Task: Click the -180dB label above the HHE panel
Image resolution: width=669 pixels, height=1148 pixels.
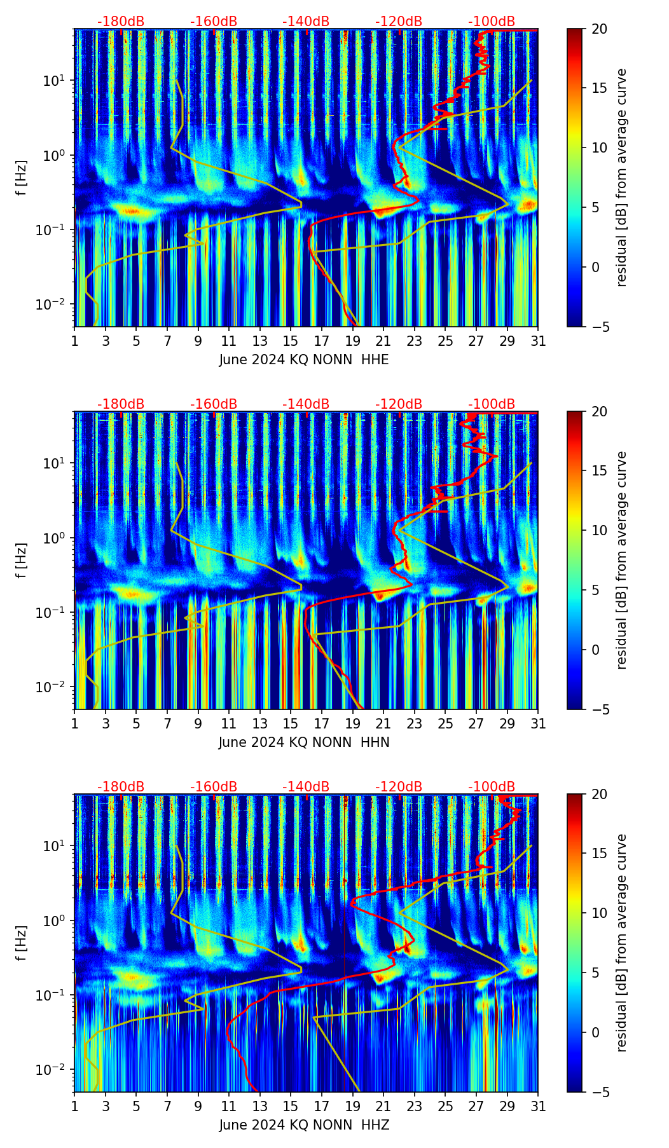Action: [121, 22]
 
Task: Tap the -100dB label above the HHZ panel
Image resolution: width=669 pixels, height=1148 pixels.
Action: [492, 787]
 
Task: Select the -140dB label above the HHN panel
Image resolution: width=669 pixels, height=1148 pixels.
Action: [306, 404]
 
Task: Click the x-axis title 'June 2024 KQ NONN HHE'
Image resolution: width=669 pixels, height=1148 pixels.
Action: [304, 360]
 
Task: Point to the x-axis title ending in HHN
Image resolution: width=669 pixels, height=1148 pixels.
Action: [304, 742]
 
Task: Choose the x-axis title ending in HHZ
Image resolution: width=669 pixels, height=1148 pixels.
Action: [304, 1125]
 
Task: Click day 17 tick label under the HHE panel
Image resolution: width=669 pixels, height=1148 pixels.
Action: [322, 341]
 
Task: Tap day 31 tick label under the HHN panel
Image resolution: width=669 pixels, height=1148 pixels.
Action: [538, 724]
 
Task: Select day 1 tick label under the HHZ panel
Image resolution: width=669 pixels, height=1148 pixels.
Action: [75, 1107]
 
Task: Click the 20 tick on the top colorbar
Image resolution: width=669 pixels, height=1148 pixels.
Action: [599, 29]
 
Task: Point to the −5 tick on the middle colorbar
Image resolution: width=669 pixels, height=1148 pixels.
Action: [599, 709]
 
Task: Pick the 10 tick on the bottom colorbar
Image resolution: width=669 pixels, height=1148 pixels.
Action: [599, 913]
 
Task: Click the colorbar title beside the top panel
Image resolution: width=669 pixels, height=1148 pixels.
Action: [621, 178]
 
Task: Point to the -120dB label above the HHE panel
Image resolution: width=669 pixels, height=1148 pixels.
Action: [399, 22]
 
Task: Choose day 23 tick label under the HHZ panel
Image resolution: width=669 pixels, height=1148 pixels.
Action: [415, 1107]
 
